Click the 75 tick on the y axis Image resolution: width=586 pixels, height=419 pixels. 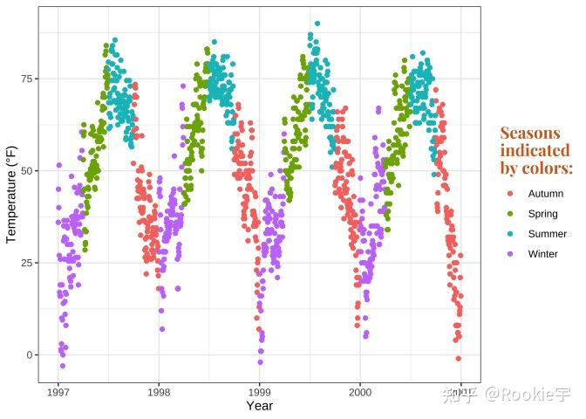click(28, 79)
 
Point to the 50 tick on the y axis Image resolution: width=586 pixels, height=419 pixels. click(28, 170)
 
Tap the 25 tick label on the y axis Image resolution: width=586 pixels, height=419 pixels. click(28, 263)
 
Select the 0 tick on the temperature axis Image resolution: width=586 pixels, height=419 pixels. click(31, 354)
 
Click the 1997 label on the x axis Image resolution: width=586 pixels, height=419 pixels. click(58, 393)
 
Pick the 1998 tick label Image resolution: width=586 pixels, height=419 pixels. click(159, 393)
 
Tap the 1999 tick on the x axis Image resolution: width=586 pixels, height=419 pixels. click(259, 393)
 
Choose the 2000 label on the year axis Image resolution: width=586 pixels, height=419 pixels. click(359, 393)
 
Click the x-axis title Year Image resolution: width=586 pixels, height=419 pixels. click(259, 406)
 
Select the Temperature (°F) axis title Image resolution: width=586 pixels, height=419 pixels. click(11, 194)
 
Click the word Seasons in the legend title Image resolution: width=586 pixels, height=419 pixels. click(530, 133)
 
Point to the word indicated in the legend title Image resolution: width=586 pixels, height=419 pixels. click(535, 150)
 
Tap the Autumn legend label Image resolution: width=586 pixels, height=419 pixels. click(545, 194)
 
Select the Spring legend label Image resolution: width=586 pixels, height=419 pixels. click(542, 214)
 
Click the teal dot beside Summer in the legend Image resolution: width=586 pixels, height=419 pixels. click(510, 234)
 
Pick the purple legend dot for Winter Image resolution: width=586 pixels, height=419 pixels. click(510, 254)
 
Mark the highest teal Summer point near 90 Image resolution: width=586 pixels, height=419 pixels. click(317, 24)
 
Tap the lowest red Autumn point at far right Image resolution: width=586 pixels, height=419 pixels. click(458, 359)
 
